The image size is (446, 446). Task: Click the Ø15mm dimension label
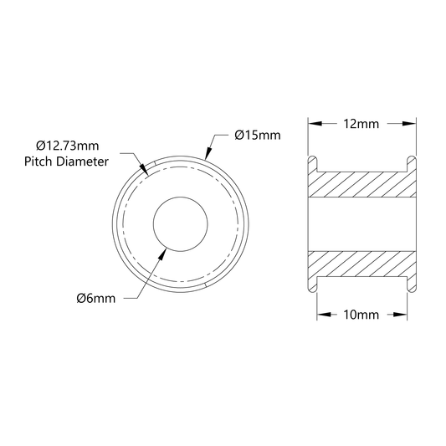click(x=258, y=135)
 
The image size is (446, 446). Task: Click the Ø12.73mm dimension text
click(x=68, y=146)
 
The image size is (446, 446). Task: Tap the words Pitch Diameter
click(x=66, y=161)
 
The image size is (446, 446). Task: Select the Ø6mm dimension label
click(x=96, y=299)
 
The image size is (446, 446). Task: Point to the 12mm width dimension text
click(x=361, y=124)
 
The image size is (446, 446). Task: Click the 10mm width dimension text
click(x=361, y=315)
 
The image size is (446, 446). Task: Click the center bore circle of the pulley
click(x=181, y=197)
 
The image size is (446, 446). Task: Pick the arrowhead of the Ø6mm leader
click(x=162, y=254)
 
